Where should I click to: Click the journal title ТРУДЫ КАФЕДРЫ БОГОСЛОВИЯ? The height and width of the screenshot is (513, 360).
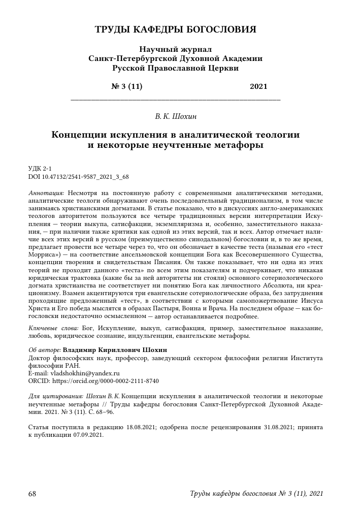(x=175, y=29)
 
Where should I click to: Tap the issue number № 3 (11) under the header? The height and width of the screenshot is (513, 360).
(x=126, y=86)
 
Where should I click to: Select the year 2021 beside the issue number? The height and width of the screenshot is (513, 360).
(x=258, y=86)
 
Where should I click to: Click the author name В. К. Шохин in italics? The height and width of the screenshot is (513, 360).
(x=175, y=117)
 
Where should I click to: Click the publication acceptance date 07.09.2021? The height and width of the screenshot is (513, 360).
(x=87, y=435)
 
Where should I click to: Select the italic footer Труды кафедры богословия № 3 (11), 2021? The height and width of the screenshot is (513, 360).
(x=256, y=494)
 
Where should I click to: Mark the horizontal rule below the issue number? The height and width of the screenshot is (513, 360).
(x=175, y=98)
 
